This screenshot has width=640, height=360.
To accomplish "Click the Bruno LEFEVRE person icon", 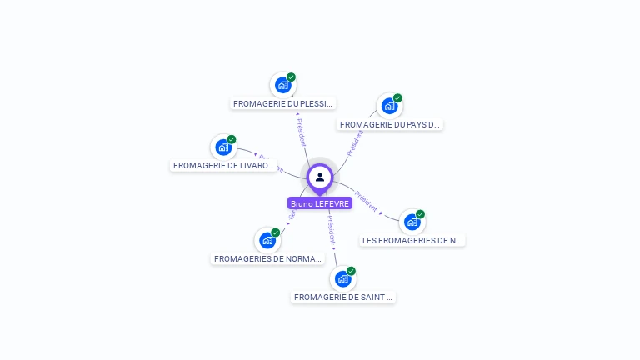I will (x=320, y=177).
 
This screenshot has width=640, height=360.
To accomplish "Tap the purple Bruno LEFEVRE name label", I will (x=320, y=203).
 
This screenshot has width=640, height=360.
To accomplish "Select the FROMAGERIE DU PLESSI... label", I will (x=283, y=104).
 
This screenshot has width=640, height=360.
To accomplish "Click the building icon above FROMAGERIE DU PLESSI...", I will (x=283, y=85).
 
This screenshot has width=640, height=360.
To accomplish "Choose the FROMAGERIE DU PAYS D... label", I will (x=389, y=125).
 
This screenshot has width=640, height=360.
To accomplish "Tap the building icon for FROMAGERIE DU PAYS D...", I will (x=389, y=106).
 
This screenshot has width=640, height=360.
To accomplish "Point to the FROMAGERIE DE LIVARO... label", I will (x=223, y=166).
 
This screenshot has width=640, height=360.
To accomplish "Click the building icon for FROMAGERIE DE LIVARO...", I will (x=223, y=147).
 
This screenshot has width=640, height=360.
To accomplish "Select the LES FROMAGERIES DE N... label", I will (x=412, y=241).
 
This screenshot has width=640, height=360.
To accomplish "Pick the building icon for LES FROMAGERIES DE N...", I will (x=412, y=222).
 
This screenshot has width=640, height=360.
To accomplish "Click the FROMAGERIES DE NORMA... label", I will (x=267, y=259).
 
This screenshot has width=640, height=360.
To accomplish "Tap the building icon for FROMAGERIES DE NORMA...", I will (x=267, y=240).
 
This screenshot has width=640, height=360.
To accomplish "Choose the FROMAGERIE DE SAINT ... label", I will (x=342, y=297).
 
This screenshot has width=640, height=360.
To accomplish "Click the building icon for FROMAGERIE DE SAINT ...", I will (x=342, y=278).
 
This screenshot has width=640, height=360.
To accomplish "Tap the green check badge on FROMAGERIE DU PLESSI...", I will (x=291, y=77).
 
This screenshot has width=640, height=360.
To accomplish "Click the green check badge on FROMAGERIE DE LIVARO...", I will (x=232, y=139).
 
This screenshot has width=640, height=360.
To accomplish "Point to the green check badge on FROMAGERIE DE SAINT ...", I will (x=351, y=271).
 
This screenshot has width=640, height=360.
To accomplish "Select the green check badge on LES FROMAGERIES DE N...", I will (x=420, y=214).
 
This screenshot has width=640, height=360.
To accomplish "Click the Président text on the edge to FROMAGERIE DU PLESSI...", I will (x=301, y=131).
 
